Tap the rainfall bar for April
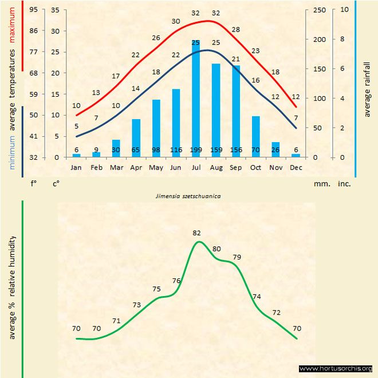point(136,138)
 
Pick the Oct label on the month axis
point(255,167)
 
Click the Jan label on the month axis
point(76,167)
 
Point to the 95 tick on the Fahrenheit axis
point(34,10)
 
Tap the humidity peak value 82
point(196,233)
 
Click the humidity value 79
point(237,257)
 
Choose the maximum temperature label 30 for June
point(176,21)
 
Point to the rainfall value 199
point(196,150)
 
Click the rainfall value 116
point(176,150)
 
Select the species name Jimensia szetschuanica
point(188,195)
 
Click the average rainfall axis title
point(367,88)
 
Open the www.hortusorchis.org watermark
point(336,368)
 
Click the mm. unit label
point(320,184)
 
